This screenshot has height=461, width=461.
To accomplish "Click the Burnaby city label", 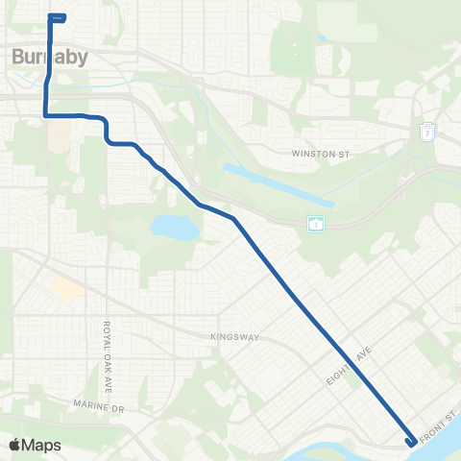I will (50, 57).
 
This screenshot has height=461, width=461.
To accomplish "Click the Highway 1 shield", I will (316, 224).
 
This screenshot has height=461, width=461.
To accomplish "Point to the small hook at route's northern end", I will (58, 17).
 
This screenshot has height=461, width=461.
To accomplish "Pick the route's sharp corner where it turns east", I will (45, 115).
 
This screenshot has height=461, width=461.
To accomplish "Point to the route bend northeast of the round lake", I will (233, 219).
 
